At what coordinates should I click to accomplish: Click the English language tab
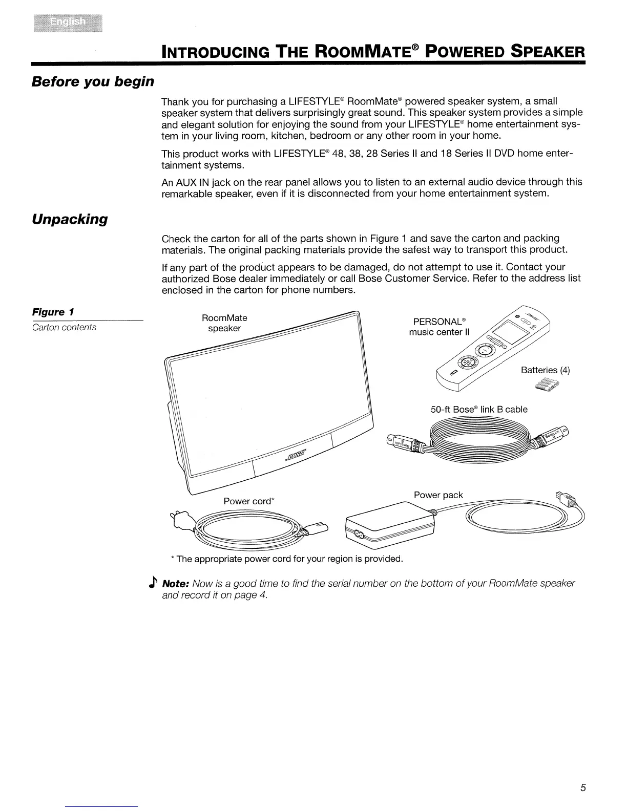(x=68, y=23)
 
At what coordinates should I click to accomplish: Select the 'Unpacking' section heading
(x=70, y=219)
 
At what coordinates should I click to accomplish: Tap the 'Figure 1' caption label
(x=53, y=312)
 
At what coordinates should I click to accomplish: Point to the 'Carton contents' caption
(x=64, y=327)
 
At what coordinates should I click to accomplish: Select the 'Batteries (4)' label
(x=545, y=370)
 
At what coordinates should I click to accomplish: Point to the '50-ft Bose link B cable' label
(x=479, y=409)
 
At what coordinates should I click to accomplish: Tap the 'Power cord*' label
(x=249, y=501)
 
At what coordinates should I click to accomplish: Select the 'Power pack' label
(x=438, y=495)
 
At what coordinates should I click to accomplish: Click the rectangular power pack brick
(x=390, y=523)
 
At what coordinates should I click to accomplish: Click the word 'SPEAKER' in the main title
(x=542, y=52)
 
